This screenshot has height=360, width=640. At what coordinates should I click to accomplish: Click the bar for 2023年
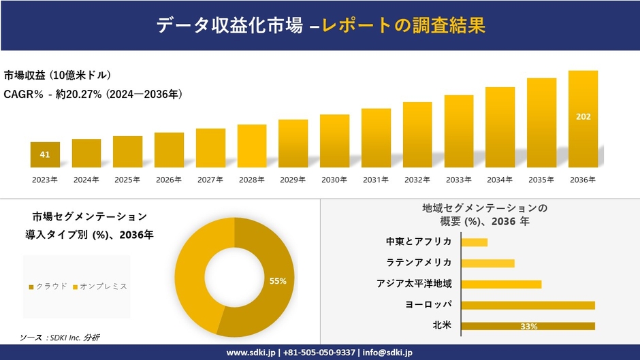point(45,154)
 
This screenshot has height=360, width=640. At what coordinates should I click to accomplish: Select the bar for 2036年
point(583,119)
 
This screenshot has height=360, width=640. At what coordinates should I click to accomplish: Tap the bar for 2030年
point(334,141)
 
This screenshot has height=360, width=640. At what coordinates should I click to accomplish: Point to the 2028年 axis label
point(252,180)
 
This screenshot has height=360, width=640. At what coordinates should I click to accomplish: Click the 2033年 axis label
point(458,180)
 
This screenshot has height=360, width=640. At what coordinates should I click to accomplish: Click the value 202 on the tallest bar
point(583,116)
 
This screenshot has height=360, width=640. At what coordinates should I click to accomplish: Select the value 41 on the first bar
point(45,154)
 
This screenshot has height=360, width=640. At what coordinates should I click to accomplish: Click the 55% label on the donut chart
point(278,280)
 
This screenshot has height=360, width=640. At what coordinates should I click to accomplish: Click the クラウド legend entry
point(48,286)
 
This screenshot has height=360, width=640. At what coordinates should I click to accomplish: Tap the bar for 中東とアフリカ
point(474,242)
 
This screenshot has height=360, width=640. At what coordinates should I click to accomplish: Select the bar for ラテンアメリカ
point(487,263)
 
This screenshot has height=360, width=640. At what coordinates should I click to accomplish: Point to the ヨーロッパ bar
point(528,305)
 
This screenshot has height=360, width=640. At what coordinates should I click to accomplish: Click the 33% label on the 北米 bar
point(528,327)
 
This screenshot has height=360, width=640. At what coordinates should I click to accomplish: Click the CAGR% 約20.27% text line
point(93,94)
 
